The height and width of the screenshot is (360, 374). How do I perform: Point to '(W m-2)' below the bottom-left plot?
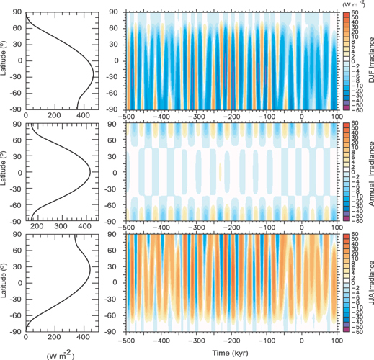point(58,354)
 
